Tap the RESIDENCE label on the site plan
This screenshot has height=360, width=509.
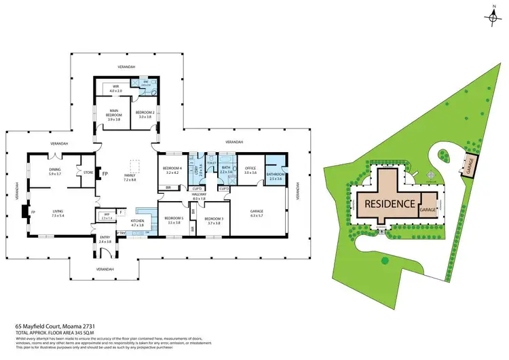pos(390,203)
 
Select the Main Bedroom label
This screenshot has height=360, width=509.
pos(106,115)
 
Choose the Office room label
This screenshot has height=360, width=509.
pos(247,170)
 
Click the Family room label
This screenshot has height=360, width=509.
pos(130,177)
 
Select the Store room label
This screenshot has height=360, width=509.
pos(87,173)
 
